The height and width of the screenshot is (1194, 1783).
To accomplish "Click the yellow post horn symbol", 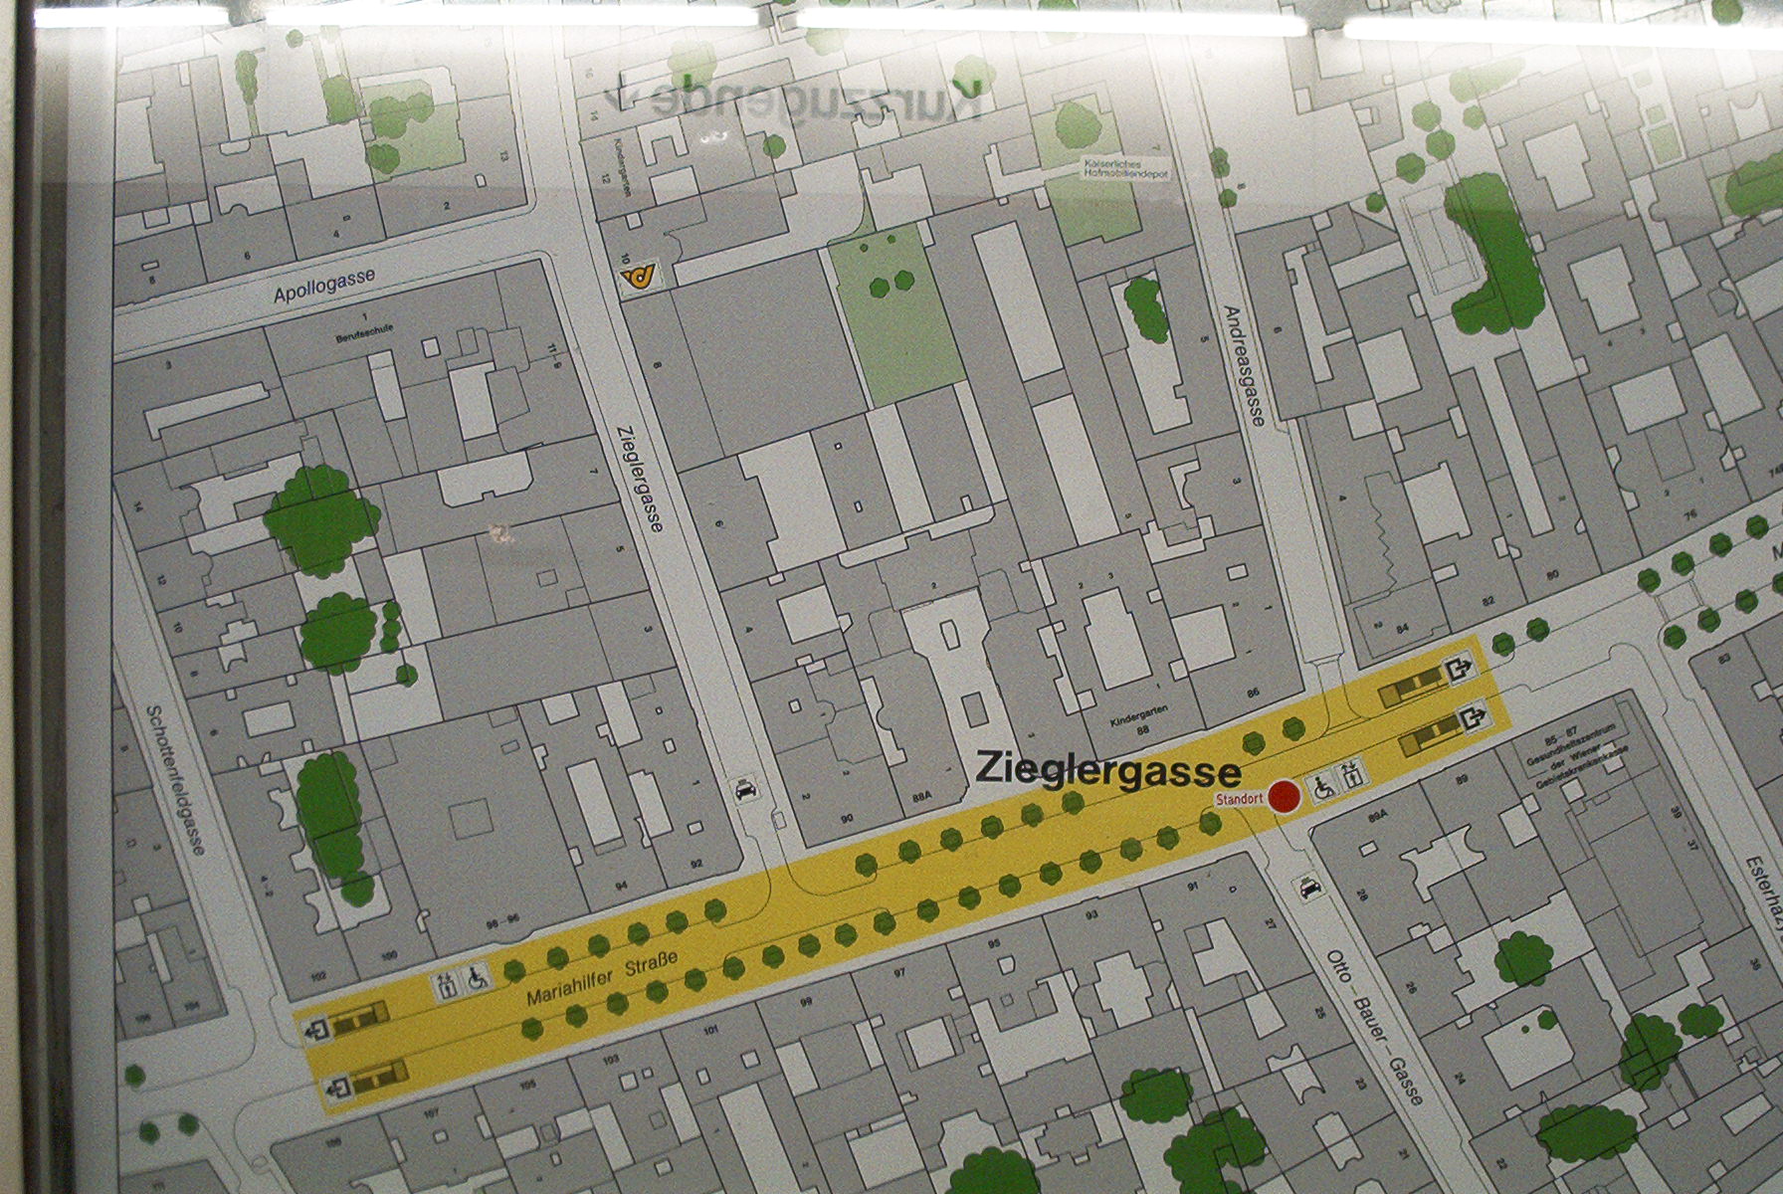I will pos(637,280).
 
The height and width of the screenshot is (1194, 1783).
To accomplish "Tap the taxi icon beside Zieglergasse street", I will pos(745,790).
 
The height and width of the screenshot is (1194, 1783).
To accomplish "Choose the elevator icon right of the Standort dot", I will pos(1353,775).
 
